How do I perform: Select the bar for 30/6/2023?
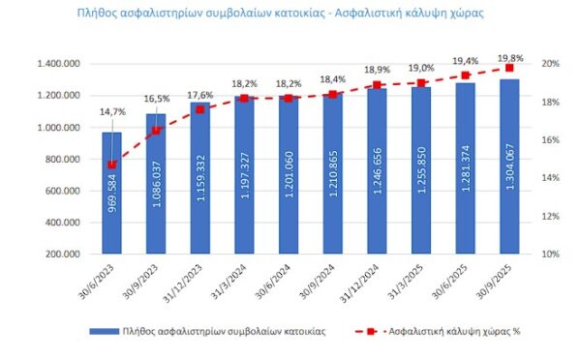(x=112, y=194)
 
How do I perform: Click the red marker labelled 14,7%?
(x=112, y=165)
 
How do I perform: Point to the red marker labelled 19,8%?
(x=510, y=68)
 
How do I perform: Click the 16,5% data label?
(x=156, y=99)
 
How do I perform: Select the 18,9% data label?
(x=378, y=71)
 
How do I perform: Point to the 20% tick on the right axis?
(x=549, y=64)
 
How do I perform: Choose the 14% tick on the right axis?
(x=549, y=178)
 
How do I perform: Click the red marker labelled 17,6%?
(x=200, y=109)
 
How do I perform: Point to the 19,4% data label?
(x=466, y=59)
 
